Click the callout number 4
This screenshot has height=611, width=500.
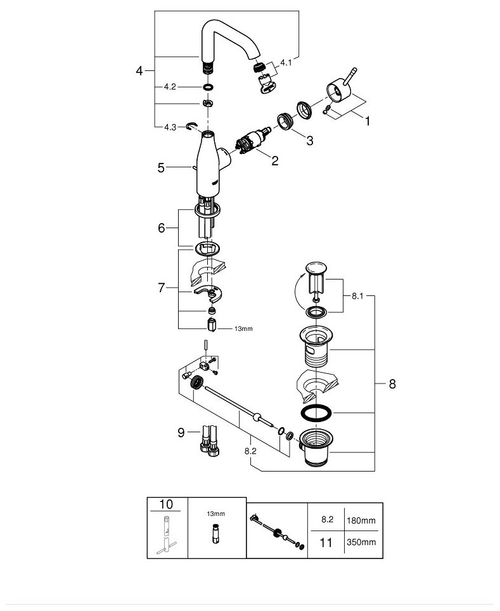coord(139,71)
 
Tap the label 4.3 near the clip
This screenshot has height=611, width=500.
coord(169,127)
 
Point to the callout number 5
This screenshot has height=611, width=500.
coord(161,168)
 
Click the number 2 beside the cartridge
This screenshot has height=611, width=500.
coord(274,161)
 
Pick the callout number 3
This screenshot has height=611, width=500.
coord(309,141)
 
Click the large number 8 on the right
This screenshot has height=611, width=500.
coord(392,383)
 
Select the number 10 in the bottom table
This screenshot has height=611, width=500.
coord(167,505)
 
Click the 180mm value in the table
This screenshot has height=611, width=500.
coord(361,520)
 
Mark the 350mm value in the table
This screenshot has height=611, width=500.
coord(361,543)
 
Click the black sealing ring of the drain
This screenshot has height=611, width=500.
coord(315,413)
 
